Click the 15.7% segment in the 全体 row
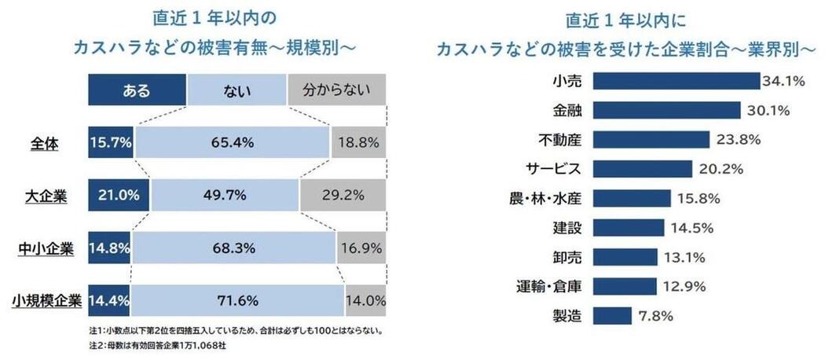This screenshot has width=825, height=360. (112, 143)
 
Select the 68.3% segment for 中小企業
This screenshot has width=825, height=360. (234, 248)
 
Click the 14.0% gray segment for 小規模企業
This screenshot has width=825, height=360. (365, 300)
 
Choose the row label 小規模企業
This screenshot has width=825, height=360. (47, 300)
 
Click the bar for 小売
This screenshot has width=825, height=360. (676, 81)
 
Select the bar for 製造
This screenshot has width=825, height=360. (611, 315)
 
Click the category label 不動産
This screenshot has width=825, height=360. (559, 140)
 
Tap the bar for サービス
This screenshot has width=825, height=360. (642, 169)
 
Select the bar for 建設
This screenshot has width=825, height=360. (628, 228)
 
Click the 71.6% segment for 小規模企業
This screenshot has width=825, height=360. (238, 300)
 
